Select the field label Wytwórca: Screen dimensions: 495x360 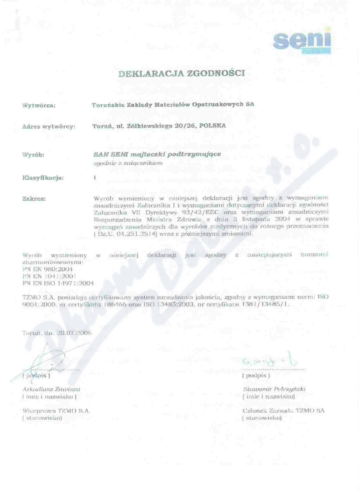39,106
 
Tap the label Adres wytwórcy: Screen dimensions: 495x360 49,127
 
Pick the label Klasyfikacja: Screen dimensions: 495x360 43,178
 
